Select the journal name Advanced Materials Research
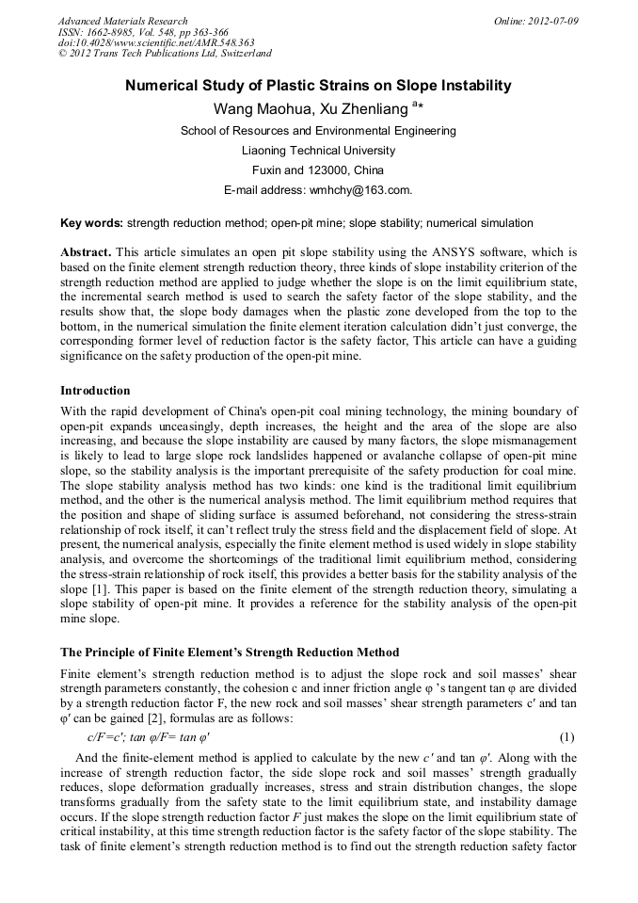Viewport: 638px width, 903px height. (x=122, y=21)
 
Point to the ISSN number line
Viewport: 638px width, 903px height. (x=136, y=32)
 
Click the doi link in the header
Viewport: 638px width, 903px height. (x=156, y=43)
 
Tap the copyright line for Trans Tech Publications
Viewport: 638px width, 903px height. (x=165, y=55)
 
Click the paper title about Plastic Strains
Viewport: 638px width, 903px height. (x=319, y=87)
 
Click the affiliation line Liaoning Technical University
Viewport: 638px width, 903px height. (x=319, y=151)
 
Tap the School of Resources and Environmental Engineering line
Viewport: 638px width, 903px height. (x=319, y=131)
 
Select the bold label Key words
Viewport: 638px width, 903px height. (x=91, y=224)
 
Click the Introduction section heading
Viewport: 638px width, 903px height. (x=95, y=391)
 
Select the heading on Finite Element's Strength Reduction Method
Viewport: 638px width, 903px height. (x=230, y=653)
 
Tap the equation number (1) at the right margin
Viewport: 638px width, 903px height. (x=566, y=736)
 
